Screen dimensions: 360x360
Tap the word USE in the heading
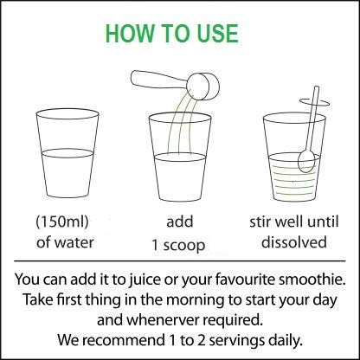pyautogui.click(x=218, y=34)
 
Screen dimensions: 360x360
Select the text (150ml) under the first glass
pyautogui.click(x=62, y=222)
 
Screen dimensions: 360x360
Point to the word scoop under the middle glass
pyautogui.click(x=184, y=246)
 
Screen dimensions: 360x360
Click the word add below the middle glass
pyautogui.click(x=180, y=222)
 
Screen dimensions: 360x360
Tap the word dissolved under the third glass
pyautogui.click(x=294, y=241)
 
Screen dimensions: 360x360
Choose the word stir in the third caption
pyautogui.click(x=257, y=222)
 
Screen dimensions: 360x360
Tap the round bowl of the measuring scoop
pyautogui.click(x=204, y=87)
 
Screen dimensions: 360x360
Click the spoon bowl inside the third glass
pyautogui.click(x=306, y=161)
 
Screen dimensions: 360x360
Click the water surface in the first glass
pyautogui.click(x=67, y=153)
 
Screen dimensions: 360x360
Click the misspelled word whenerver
pyautogui.click(x=163, y=320)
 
